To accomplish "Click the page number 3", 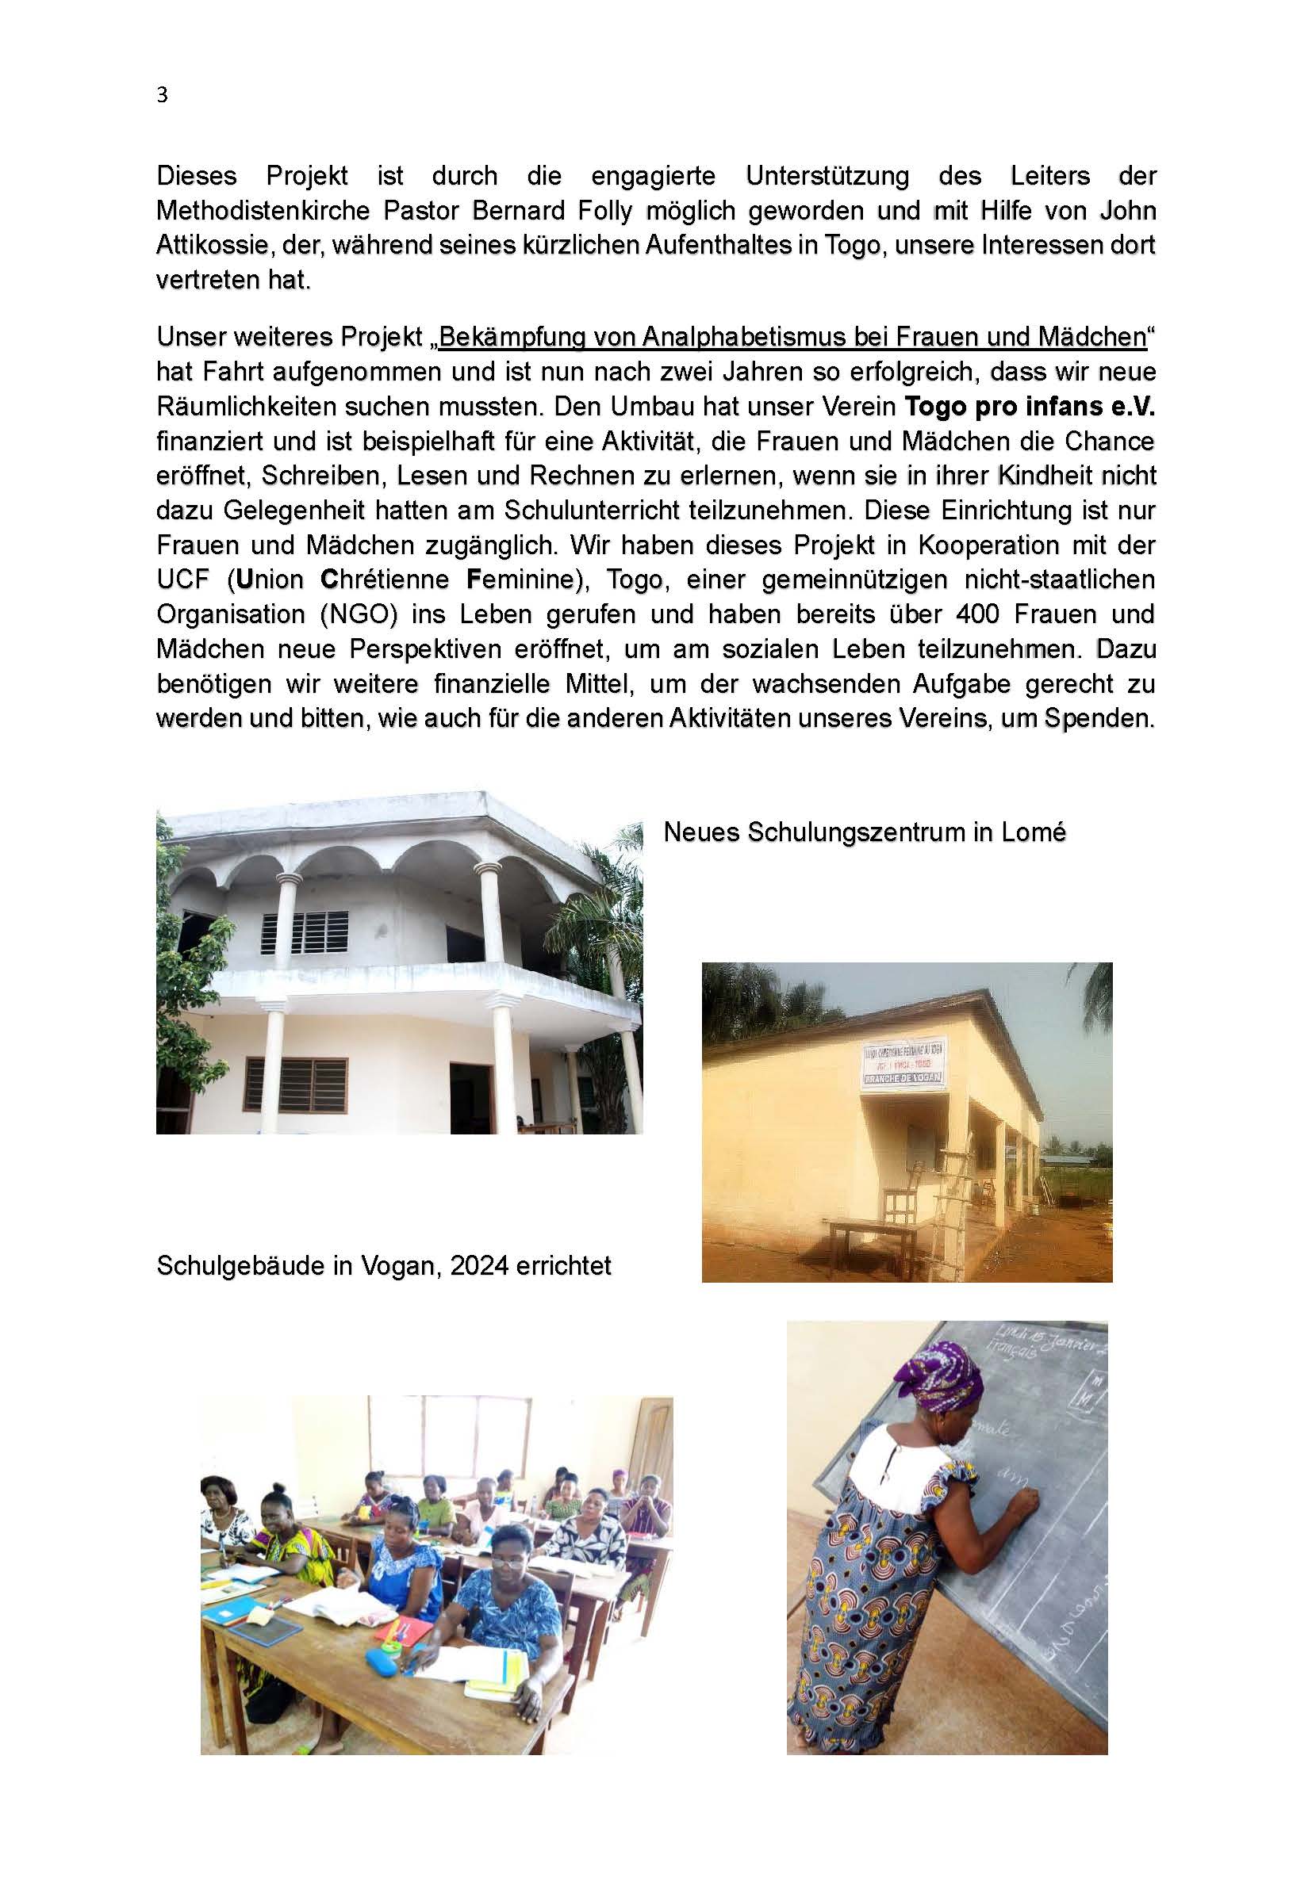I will (x=163, y=96).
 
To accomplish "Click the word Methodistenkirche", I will (x=264, y=211).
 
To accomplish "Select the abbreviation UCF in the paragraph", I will (x=186, y=580).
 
